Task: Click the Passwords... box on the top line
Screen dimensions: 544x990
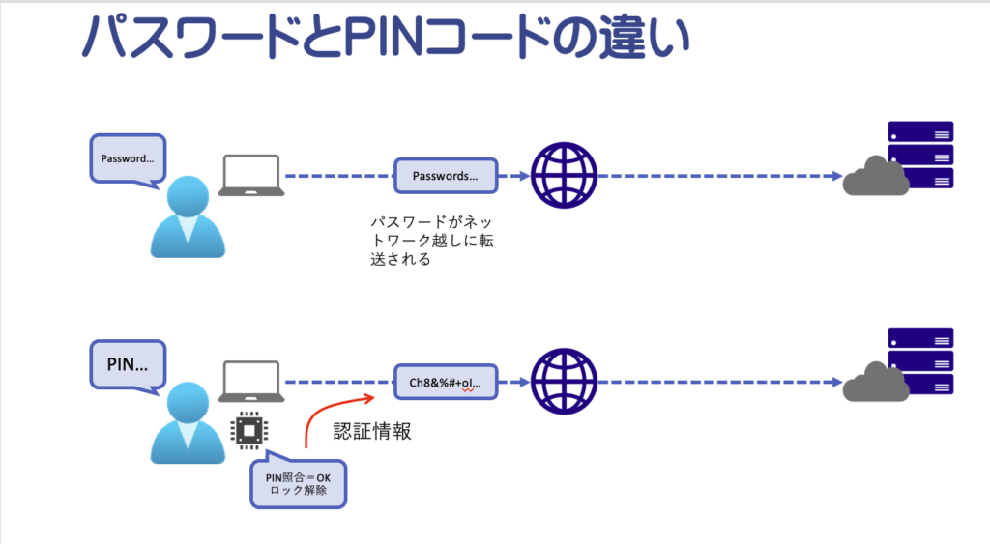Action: click(445, 177)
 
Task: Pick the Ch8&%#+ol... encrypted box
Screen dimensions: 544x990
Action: click(445, 383)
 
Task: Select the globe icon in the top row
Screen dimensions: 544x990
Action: click(565, 176)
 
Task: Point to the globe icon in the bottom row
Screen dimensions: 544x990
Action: click(565, 382)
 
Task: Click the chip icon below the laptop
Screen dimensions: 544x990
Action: click(248, 430)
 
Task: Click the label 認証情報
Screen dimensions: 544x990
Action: click(372, 432)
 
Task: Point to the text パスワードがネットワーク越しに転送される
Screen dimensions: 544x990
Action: click(425, 241)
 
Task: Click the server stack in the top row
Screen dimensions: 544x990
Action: click(920, 155)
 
